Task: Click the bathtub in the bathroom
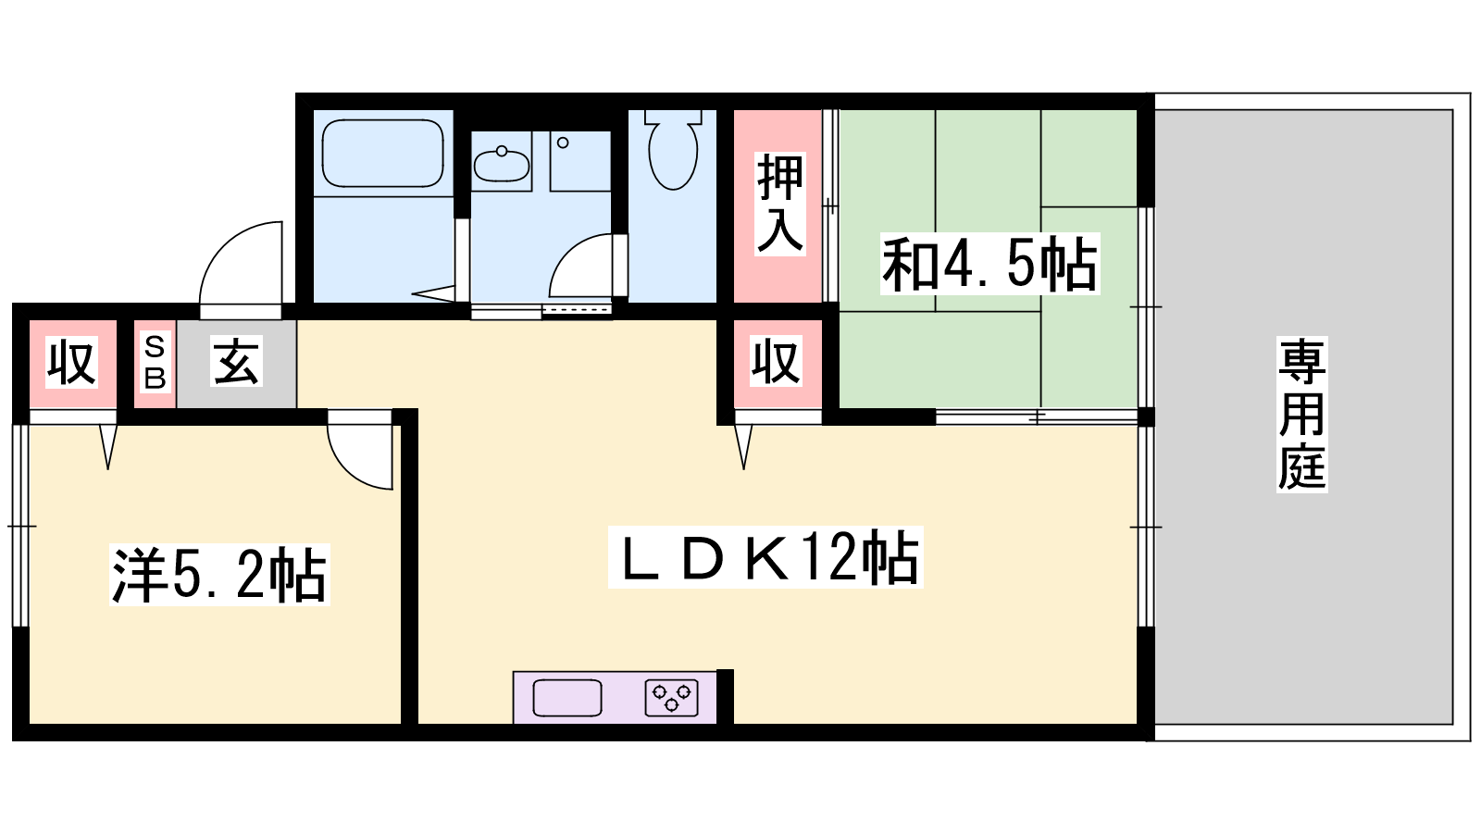tap(382, 154)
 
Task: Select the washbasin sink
tap(501, 164)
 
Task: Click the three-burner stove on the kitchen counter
tap(672, 698)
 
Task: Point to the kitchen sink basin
tap(567, 698)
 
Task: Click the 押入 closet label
tap(779, 204)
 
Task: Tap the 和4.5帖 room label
tap(989, 264)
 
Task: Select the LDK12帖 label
tap(765, 557)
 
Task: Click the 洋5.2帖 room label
tap(219, 575)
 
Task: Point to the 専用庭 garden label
tap(1301, 415)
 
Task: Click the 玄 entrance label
tap(237, 362)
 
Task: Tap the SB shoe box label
tap(155, 362)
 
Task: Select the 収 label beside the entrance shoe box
tap(72, 362)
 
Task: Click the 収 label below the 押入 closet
tap(777, 362)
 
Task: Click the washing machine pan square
tap(579, 161)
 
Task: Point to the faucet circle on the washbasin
tap(502, 152)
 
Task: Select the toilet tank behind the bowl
tap(673, 117)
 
